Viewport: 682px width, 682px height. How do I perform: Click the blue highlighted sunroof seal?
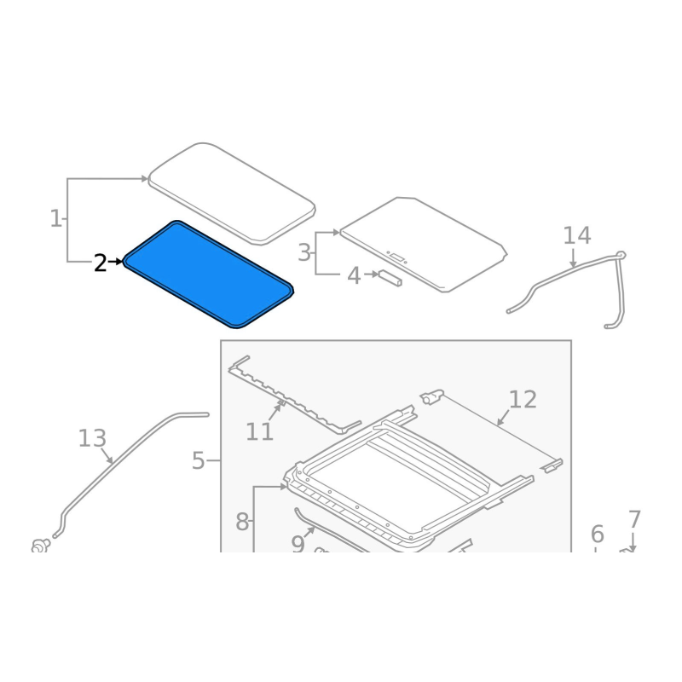[x=208, y=274]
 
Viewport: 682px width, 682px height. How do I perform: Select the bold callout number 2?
[x=100, y=263]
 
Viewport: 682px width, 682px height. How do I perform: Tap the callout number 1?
[x=56, y=218]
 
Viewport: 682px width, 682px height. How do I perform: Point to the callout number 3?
[x=304, y=252]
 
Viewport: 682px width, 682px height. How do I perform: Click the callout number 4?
[x=354, y=275]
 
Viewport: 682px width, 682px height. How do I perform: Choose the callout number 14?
[x=577, y=235]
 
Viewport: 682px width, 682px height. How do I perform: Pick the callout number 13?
[x=92, y=438]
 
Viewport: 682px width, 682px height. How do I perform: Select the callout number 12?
[x=523, y=399]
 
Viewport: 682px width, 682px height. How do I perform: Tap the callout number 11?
[x=260, y=432]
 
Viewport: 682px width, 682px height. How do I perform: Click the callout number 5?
[x=198, y=460]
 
